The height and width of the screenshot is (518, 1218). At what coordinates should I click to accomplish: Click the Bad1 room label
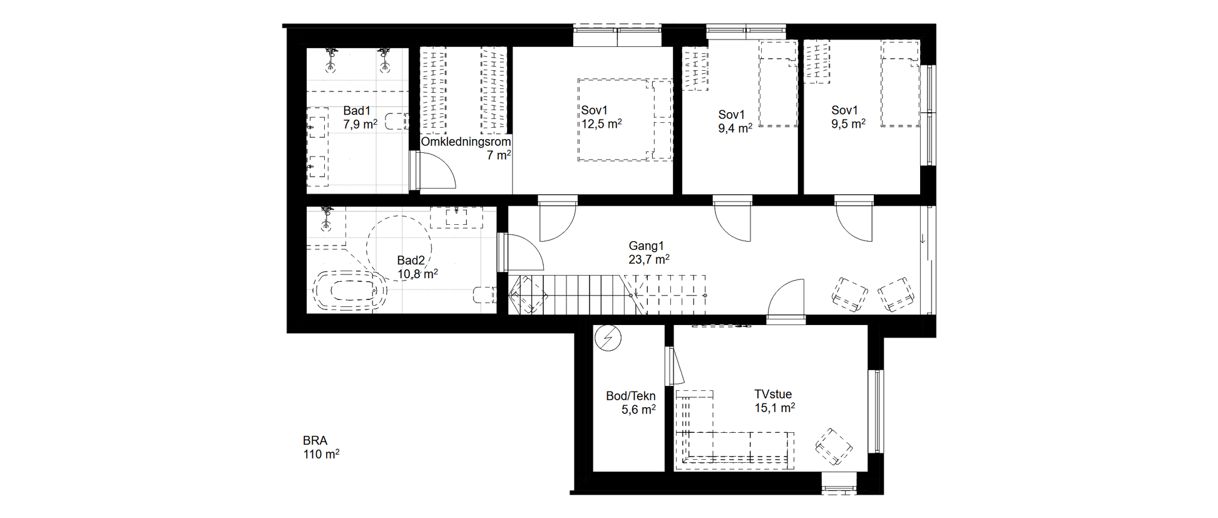[357, 111]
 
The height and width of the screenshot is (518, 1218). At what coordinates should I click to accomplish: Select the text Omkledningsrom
[466, 142]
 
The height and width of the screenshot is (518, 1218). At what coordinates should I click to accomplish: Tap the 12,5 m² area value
[601, 124]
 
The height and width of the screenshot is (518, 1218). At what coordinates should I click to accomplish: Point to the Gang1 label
[646, 246]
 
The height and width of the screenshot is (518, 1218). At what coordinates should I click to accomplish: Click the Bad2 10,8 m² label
[417, 267]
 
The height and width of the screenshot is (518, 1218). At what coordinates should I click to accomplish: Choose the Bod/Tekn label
[631, 396]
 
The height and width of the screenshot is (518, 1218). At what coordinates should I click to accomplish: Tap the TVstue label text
[773, 394]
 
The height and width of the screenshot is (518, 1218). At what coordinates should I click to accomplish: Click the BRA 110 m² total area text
[321, 447]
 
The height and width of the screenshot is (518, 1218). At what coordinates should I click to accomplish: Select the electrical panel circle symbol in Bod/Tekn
[608, 338]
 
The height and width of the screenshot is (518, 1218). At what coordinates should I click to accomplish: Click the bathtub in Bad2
[349, 291]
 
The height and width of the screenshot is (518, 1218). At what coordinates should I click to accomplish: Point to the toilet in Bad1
[396, 121]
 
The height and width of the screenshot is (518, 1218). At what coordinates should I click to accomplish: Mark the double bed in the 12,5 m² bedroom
[625, 119]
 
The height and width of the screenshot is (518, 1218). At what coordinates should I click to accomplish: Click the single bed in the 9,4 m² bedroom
[778, 84]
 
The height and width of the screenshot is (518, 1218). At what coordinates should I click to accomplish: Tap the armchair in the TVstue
[834, 447]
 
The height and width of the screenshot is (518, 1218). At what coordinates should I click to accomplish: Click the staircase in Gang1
[607, 294]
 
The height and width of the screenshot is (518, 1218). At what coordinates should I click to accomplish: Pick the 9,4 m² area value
[735, 128]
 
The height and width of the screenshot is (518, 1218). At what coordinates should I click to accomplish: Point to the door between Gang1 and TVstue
[786, 301]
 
